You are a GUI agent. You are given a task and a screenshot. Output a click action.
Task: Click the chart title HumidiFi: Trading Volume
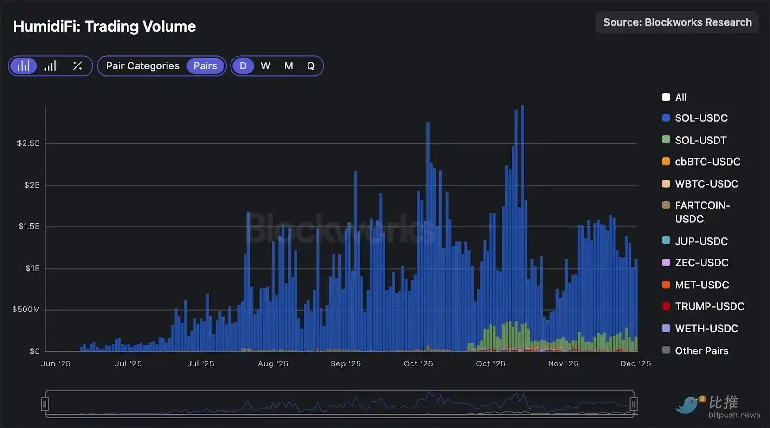coord(104,26)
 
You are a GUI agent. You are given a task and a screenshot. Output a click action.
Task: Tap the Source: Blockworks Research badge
coord(677,23)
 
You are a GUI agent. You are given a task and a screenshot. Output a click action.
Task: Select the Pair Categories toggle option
coord(142,66)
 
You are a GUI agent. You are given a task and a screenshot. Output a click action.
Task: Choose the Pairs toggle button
coord(205,66)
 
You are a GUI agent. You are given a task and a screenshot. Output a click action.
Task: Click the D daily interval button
coord(243,66)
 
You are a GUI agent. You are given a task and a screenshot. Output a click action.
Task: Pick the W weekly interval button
coord(266,66)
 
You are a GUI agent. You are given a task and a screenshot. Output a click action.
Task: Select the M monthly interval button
coord(288,66)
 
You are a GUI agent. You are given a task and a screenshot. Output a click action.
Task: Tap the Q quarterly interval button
coord(311,66)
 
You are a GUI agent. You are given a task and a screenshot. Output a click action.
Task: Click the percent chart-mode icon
coord(77,66)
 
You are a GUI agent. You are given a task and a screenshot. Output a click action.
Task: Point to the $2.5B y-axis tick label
coord(28,143)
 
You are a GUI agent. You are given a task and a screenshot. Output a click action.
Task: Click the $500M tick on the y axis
coord(26,310)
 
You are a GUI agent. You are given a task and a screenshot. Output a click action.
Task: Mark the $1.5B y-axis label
coord(29,227)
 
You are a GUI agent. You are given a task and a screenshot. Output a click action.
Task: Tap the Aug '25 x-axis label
coord(273,364)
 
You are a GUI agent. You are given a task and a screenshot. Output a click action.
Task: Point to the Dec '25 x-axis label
coord(635,364)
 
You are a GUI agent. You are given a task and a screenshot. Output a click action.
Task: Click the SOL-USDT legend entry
coord(700,140)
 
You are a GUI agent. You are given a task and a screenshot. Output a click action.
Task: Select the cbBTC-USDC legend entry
coord(707,162)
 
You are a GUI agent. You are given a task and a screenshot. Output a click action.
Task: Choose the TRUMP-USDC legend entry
coord(709,307)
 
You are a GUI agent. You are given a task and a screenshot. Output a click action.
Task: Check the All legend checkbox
coord(666,97)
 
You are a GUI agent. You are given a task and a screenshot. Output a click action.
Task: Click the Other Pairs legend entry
coord(701,351)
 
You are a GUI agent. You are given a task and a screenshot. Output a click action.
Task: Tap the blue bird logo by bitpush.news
coord(689,404)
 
